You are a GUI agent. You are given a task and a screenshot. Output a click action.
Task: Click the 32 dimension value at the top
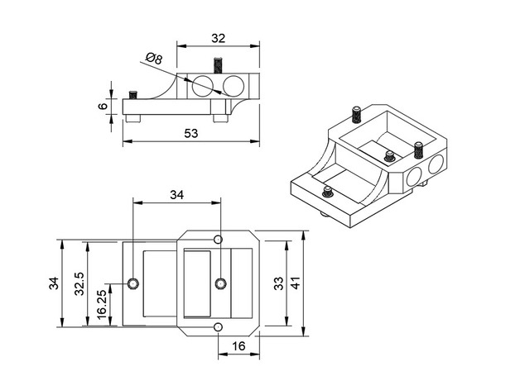tap(219, 38)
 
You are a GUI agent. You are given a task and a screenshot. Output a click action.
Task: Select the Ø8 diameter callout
tap(152, 59)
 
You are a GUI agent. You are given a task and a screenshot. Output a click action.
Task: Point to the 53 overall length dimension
tap(190, 134)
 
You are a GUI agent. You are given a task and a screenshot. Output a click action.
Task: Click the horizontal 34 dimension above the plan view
tap(176, 195)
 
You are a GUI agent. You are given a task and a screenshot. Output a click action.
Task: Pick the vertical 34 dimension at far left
tap(53, 283)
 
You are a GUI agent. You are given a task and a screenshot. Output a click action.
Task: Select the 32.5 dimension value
tap(77, 283)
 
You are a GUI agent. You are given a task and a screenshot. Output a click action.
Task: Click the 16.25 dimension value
tap(101, 305)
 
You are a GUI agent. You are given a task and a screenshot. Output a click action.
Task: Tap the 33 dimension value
tap(278, 283)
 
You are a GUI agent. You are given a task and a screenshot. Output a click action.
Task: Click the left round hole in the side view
tap(203, 84)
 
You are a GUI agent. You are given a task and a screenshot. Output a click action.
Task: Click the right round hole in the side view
tap(233, 84)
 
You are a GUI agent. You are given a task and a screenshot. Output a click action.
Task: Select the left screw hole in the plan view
tap(133, 284)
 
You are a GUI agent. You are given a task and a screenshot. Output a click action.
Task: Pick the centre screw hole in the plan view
tap(219, 284)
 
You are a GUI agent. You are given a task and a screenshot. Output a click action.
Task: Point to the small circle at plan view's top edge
tap(218, 240)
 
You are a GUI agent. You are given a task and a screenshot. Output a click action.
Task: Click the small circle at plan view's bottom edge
tap(218, 328)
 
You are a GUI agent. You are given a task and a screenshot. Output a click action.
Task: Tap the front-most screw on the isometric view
tap(328, 193)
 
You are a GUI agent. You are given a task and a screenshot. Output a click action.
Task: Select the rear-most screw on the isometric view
tap(356, 112)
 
